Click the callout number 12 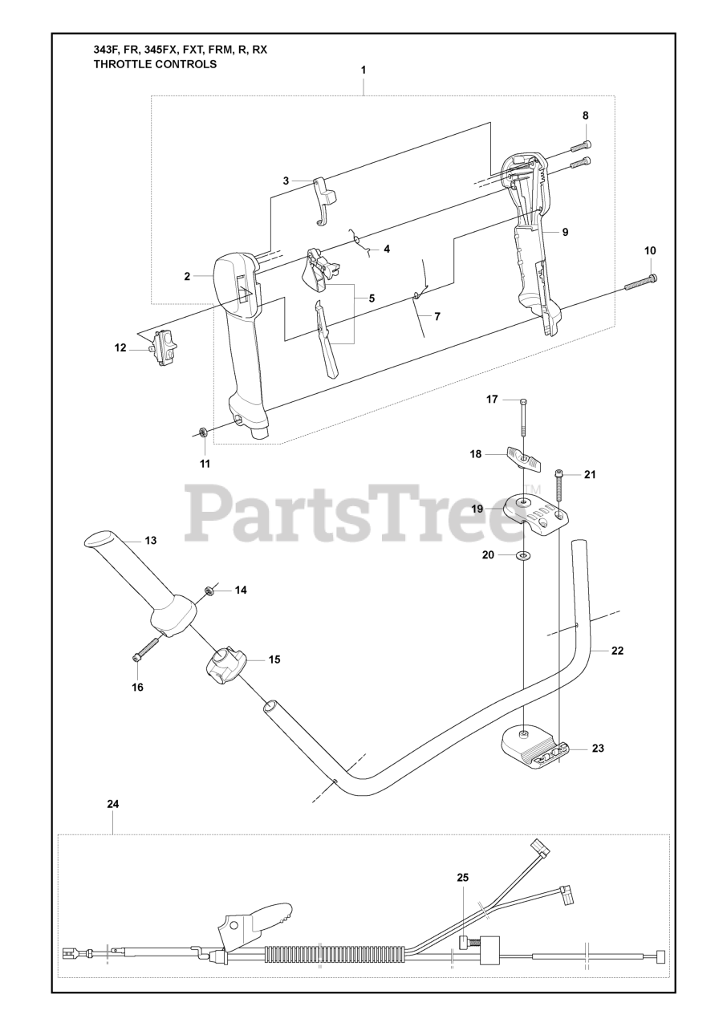pyautogui.click(x=120, y=347)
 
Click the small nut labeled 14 pyautogui.click(x=209, y=591)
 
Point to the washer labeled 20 pyautogui.click(x=523, y=555)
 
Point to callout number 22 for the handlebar pyautogui.click(x=617, y=651)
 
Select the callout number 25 pyautogui.click(x=462, y=878)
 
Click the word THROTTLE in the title pyautogui.click(x=123, y=64)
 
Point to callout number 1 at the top pyautogui.click(x=363, y=70)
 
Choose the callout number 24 pyautogui.click(x=112, y=803)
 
